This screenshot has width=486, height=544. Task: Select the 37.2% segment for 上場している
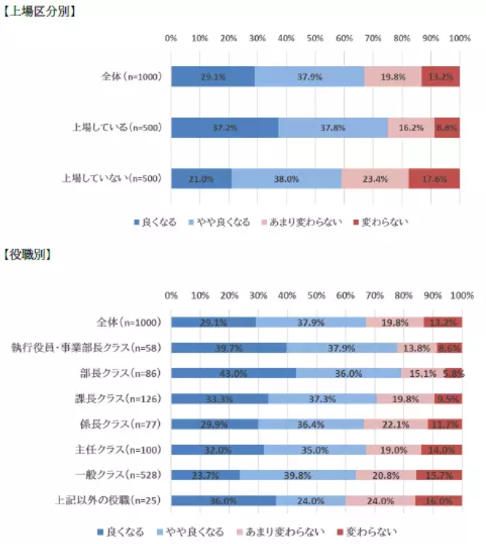[224, 127]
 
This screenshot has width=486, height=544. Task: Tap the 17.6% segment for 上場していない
[434, 178]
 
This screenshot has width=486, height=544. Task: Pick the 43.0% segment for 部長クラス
[233, 373]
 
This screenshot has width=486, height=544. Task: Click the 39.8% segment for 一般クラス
[297, 475]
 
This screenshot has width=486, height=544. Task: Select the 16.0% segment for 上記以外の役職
[438, 501]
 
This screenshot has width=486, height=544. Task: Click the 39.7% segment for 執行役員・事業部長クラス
[229, 348]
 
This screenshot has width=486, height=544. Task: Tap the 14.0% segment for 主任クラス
[441, 449]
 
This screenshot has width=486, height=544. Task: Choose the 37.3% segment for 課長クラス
[322, 399]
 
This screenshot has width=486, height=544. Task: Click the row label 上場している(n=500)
[117, 128]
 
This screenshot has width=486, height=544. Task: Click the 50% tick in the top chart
[315, 38]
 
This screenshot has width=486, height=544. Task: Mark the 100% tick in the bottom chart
[462, 295]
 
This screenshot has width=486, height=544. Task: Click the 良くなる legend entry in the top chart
[155, 221]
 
